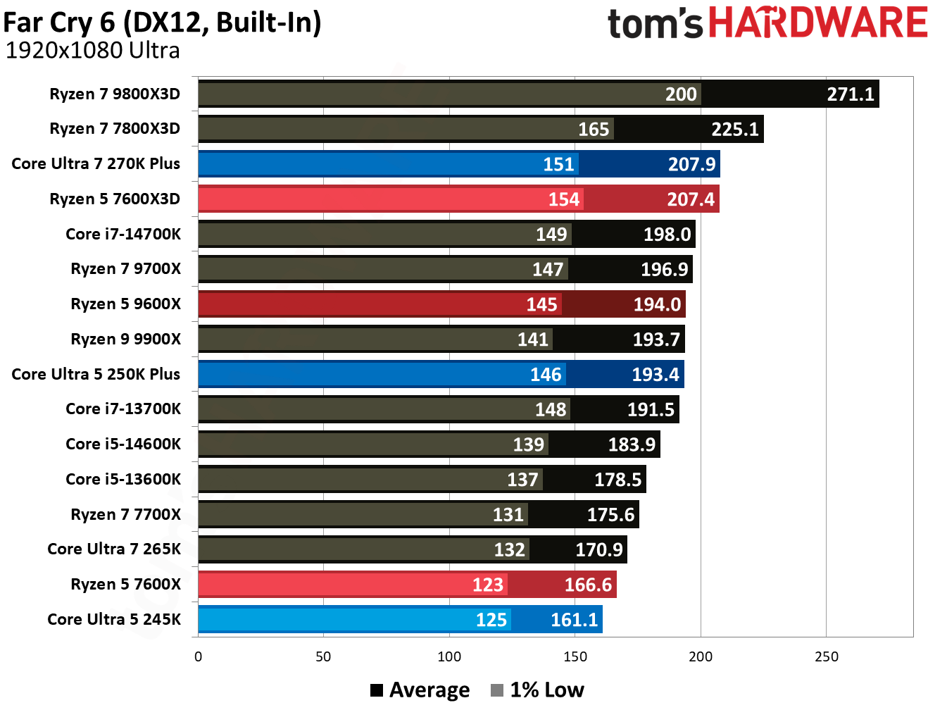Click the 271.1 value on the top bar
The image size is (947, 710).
(850, 94)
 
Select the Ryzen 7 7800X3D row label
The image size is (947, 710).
(115, 129)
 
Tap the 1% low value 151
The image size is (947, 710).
(558, 164)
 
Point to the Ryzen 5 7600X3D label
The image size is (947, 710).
(115, 199)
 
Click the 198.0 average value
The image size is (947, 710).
(667, 235)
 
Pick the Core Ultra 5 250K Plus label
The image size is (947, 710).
(96, 375)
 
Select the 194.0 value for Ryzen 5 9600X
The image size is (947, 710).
(657, 304)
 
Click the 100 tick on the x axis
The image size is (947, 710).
(449, 657)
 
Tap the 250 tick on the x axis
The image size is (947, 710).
(826, 657)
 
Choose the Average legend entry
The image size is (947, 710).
(420, 690)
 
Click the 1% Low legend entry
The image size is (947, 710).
(538, 690)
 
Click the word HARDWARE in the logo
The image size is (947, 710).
(817, 23)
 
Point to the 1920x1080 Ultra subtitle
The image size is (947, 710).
(92, 51)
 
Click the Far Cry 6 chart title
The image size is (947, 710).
(162, 23)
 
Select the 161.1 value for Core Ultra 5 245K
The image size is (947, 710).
(574, 620)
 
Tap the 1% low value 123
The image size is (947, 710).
(487, 585)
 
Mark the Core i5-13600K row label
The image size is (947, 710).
(123, 480)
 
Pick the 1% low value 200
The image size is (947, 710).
(681, 94)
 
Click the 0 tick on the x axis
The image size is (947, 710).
(198, 657)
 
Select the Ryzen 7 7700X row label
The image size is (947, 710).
(125, 515)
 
